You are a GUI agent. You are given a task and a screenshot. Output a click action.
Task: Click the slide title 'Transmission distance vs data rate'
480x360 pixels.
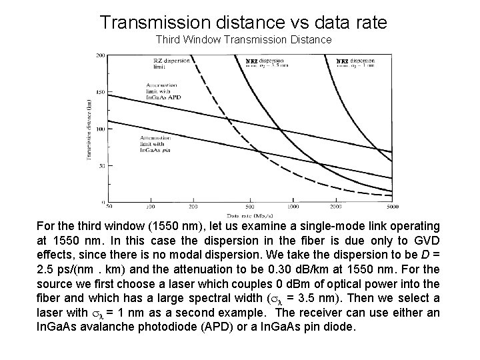tap(243, 22)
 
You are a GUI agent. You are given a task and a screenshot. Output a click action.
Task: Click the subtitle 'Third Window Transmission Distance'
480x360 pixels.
tap(243, 40)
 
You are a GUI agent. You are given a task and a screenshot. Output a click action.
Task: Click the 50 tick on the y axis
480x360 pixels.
tap(101, 165)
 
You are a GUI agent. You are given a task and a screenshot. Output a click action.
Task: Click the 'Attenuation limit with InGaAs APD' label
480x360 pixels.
tap(163, 91)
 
